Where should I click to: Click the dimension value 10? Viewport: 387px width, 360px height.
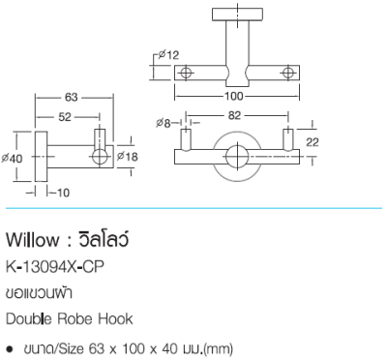(x=62, y=193)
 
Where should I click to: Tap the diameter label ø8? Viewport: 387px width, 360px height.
(x=164, y=123)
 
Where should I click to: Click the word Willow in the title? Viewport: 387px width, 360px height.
(x=33, y=237)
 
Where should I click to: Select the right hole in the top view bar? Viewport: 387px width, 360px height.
(x=287, y=74)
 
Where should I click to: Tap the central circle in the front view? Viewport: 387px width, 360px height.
(x=234, y=155)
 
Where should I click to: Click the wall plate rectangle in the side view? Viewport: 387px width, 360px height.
(x=40, y=156)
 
